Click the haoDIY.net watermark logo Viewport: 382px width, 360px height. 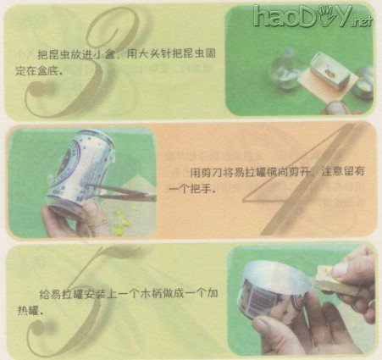pyautogui.click(x=312, y=16)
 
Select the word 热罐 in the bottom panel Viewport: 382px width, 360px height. pyautogui.click(x=28, y=311)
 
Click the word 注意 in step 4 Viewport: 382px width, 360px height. pyautogui.click(x=332, y=172)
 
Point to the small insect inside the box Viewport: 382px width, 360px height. pyautogui.click(x=329, y=71)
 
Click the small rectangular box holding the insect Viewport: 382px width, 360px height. pyautogui.click(x=331, y=69)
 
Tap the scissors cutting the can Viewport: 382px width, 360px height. pyautogui.click(x=122, y=192)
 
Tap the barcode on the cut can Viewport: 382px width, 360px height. pyautogui.click(x=261, y=302)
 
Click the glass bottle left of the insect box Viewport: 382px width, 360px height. pyautogui.click(x=285, y=69)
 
